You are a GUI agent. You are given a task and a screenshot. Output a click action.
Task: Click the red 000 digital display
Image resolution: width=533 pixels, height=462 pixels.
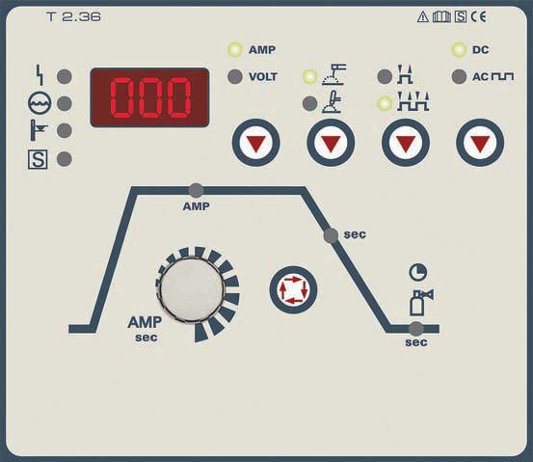[149, 97]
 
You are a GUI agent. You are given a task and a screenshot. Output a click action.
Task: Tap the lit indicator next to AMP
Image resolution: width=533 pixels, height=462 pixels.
[235, 49]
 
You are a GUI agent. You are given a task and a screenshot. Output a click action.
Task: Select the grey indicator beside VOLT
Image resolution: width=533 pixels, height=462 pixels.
[235, 76]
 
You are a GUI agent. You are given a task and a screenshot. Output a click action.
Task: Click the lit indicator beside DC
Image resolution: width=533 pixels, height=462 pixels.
[459, 49]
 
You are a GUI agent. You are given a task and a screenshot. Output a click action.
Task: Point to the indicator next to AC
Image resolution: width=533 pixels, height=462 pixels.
[459, 76]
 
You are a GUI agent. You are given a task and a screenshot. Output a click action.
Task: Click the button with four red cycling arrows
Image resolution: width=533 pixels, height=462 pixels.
[293, 290]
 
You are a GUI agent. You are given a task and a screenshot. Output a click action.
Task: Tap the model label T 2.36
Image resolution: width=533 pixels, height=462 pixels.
[74, 16]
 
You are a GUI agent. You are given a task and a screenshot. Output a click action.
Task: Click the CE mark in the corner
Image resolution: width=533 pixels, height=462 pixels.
[479, 16]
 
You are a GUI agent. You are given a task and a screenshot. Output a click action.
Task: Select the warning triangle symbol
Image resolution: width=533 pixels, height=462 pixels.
[423, 16]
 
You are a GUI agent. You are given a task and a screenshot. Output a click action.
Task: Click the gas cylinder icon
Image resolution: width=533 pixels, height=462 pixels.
[421, 303]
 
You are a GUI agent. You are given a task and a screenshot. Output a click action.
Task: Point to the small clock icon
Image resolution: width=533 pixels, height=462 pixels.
[418, 272]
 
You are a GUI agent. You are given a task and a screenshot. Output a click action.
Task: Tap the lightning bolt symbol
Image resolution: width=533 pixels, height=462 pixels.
[40, 75]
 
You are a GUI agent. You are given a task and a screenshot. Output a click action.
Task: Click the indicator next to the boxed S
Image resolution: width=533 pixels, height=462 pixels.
[65, 159]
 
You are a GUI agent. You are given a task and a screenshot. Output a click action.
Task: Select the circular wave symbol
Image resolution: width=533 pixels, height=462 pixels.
[40, 103]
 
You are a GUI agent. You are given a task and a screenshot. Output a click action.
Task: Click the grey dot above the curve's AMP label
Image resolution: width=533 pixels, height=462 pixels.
[196, 191]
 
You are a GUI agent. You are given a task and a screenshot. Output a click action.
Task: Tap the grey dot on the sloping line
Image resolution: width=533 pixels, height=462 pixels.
[331, 235]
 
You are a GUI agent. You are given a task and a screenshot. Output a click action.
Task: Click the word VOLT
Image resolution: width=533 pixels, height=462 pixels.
[263, 77]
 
